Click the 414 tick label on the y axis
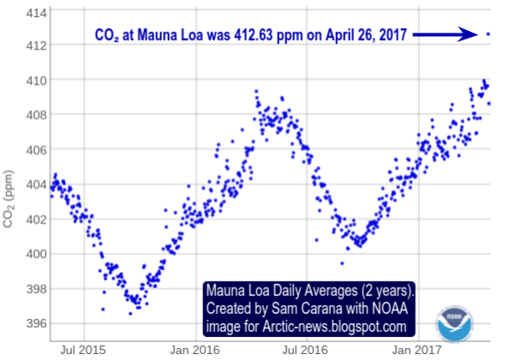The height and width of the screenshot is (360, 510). click(x=36, y=14)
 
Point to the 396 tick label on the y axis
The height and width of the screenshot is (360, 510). click(x=36, y=324)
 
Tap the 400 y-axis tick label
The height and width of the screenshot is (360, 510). click(x=36, y=254)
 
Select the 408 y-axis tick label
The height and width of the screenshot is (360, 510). click(x=36, y=115)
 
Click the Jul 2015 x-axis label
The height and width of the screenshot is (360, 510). click(x=83, y=350)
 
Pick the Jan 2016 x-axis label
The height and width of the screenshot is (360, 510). click(x=195, y=350)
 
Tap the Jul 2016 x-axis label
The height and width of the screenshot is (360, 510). click(x=305, y=350)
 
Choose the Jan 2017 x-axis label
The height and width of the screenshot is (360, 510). click(x=417, y=350)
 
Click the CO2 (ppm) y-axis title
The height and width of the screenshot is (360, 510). click(x=8, y=199)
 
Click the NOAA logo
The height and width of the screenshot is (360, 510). click(x=454, y=324)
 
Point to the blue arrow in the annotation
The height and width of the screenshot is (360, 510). click(x=445, y=34)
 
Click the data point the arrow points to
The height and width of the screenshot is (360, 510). click(x=488, y=33)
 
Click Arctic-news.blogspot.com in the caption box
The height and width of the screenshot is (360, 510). click(x=334, y=327)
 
